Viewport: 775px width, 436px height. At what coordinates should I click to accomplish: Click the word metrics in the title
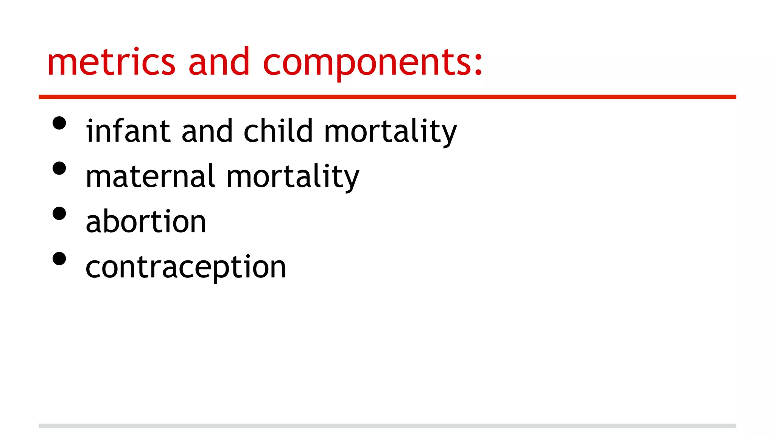click(x=111, y=62)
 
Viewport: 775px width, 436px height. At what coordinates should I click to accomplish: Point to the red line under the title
click(x=387, y=97)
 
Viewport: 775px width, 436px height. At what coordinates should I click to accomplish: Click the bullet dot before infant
click(x=59, y=123)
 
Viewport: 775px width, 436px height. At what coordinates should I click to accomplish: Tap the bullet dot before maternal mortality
click(x=59, y=168)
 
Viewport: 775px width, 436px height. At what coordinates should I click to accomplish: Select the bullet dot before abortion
click(x=59, y=213)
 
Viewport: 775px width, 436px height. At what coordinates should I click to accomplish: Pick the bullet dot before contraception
click(x=59, y=259)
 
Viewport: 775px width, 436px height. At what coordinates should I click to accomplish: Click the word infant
click(x=128, y=131)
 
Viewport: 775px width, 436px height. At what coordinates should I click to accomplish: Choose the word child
click(x=278, y=131)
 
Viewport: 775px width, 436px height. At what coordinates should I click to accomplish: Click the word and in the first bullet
click(x=207, y=131)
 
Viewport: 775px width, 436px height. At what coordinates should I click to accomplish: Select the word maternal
click(x=150, y=176)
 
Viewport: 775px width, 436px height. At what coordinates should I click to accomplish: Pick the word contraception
click(x=186, y=268)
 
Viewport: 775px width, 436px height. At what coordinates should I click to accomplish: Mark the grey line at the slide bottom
click(x=387, y=426)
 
